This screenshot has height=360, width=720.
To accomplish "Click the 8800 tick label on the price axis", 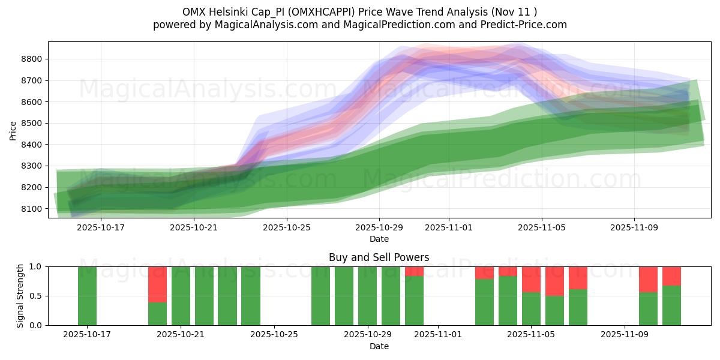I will [x=31, y=59].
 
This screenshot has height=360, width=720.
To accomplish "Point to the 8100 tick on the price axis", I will [x=31, y=209].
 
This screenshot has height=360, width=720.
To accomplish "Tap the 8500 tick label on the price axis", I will [x=31, y=123].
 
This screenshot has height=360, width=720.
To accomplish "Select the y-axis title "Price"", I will [x=13, y=130].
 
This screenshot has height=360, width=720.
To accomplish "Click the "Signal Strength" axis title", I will [x=20, y=296].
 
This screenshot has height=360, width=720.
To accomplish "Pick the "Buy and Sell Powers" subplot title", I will [x=379, y=257].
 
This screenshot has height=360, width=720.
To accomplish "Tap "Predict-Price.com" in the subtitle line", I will [x=526, y=25].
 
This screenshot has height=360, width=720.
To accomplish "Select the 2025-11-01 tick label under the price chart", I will [x=449, y=227].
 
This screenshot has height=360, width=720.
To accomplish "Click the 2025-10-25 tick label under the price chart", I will [x=286, y=227].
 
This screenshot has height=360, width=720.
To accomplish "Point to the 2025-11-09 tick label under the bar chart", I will [x=625, y=334].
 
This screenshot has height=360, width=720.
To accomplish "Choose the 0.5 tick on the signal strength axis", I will [x=37, y=296].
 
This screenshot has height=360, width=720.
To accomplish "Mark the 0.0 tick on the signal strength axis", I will [x=37, y=325].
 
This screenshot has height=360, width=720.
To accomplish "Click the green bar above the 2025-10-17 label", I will [x=88, y=296].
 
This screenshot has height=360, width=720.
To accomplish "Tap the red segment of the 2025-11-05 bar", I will [x=531, y=279].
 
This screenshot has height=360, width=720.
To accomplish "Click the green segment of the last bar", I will [x=671, y=305].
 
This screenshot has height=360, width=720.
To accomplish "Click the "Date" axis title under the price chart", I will [x=379, y=239].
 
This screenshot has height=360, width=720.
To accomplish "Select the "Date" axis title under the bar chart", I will [x=379, y=346].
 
